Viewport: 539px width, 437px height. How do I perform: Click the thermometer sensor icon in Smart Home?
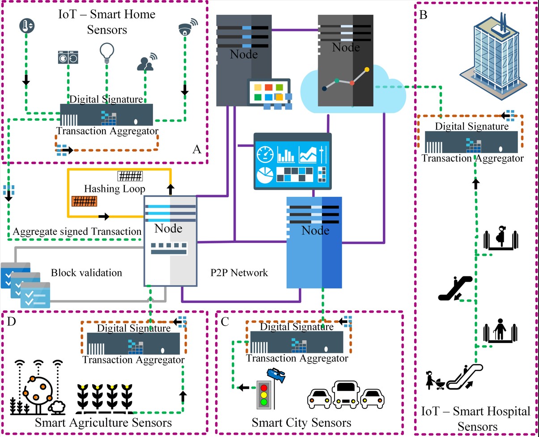click(26, 26)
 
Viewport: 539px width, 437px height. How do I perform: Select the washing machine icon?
click(68, 59)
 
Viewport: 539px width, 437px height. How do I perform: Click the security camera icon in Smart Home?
click(186, 28)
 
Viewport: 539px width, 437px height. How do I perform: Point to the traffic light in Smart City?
click(264, 394)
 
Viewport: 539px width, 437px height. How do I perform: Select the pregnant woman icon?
click(501, 238)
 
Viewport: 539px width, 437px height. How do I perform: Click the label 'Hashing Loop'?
click(115, 189)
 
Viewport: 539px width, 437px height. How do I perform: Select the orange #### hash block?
click(84, 202)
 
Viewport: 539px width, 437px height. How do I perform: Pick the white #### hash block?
click(130, 176)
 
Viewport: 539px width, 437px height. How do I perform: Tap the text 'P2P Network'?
click(239, 272)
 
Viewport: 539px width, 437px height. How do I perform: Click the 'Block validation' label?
click(86, 272)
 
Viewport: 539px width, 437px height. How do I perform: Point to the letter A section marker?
click(196, 149)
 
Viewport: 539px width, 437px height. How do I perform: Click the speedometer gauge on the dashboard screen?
click(265, 154)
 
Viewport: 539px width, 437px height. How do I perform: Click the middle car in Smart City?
click(346, 393)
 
